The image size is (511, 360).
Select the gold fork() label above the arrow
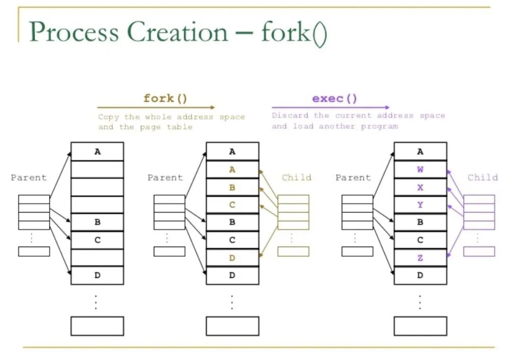pos(166,98)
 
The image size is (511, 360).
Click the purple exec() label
pos(335,98)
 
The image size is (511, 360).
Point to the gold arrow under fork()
pos(156,108)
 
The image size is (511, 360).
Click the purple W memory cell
pos(420,169)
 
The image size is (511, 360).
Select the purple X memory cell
pos(420,187)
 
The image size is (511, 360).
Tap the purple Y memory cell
pos(420,205)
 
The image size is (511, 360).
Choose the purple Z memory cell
pos(420,258)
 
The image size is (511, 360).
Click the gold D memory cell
pos(232,258)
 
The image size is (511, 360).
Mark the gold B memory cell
pos(232,187)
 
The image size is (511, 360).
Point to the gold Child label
pos(297,177)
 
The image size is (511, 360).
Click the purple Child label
pos(483,177)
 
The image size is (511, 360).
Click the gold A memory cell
pos(232,169)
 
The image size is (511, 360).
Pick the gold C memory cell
pos(232,205)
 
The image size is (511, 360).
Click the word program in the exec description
pos(379,126)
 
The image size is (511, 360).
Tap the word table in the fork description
pos(180,127)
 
